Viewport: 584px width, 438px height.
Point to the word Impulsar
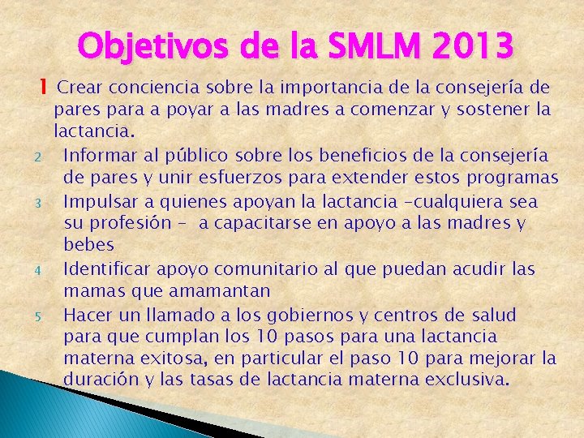[x=99, y=200]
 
